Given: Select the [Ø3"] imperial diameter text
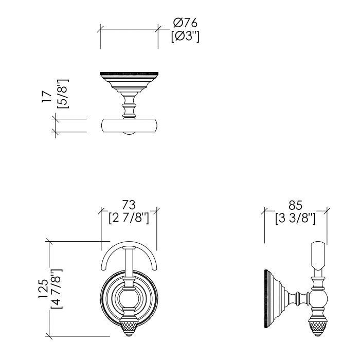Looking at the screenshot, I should pyautogui.click(x=186, y=37).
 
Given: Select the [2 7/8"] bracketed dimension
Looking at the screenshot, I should pyautogui.click(x=129, y=218).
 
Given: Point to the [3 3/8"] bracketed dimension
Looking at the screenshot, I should pyautogui.click(x=295, y=218).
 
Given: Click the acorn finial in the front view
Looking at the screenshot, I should pyautogui.click(x=127, y=328).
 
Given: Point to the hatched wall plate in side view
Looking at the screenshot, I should pyautogui.click(x=266, y=299).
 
